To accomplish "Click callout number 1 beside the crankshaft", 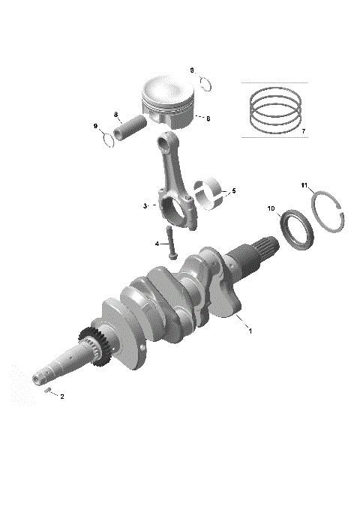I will point(250,331).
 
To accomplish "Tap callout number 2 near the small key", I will point(61,397).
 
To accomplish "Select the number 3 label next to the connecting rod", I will point(145,205).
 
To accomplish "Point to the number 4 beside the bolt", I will point(157,244).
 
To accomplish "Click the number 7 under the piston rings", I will point(303,131).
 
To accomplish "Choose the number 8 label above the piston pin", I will point(116,114).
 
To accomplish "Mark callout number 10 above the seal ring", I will point(271,208).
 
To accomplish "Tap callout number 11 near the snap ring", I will point(304,185).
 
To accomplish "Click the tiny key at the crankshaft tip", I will point(46,391).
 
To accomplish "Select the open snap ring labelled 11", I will point(329,217).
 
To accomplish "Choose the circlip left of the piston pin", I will point(106,139).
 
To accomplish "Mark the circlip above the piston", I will point(208,82).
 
